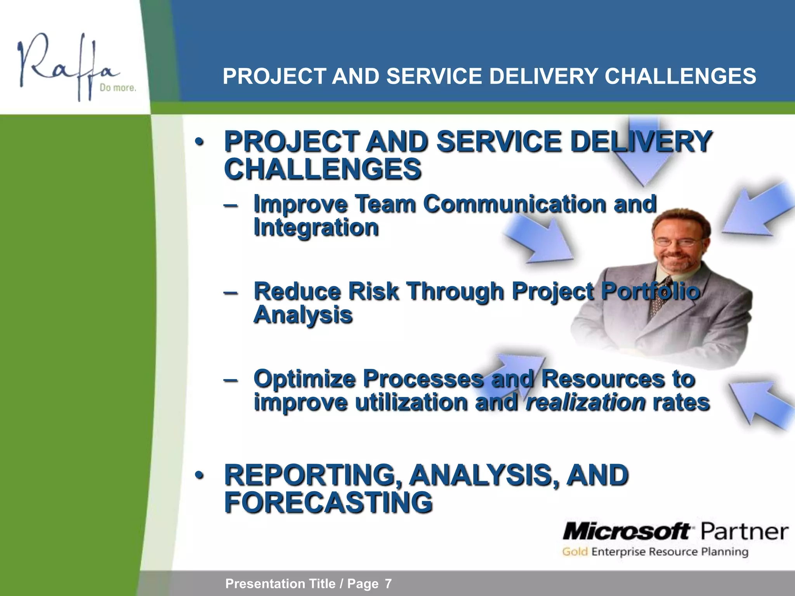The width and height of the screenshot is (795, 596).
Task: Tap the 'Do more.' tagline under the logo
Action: click(118, 88)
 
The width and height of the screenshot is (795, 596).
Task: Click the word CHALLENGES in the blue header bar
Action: click(680, 76)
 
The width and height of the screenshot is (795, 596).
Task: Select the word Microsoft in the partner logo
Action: click(626, 531)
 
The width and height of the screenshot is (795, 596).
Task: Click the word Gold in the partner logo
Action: click(575, 552)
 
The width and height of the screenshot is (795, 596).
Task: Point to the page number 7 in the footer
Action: click(388, 584)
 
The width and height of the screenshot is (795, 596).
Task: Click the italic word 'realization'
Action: click(585, 402)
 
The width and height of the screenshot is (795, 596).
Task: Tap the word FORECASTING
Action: click(328, 502)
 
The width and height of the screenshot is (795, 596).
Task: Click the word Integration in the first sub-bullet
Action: click(316, 227)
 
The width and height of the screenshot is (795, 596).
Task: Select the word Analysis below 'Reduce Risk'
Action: click(303, 315)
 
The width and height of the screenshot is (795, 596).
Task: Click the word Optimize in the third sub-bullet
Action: click(304, 378)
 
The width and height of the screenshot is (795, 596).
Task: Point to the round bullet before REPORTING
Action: click(199, 475)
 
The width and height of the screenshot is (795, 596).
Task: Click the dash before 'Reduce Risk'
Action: click(231, 292)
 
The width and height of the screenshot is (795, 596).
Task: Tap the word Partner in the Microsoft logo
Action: click(744, 531)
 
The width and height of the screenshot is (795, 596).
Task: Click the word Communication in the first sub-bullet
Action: click(514, 204)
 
